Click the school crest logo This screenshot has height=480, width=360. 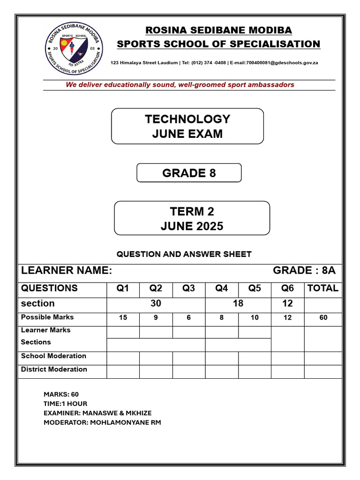[75, 48]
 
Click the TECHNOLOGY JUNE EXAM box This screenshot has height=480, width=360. [187, 126]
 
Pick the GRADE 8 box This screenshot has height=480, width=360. [189, 173]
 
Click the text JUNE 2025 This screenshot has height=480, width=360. [192, 226]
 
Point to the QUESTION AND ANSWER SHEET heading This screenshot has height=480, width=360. [184, 254]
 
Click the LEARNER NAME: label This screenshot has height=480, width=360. [67, 270]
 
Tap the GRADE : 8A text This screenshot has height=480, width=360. [304, 270]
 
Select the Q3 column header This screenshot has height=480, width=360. [188, 288]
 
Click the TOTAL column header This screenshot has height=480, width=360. [322, 288]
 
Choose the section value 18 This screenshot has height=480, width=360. [238, 304]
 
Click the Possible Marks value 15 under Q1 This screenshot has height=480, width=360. [123, 318]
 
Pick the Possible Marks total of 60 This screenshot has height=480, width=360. [323, 318]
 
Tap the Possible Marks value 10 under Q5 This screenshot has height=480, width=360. [255, 318]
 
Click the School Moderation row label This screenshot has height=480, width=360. [53, 356]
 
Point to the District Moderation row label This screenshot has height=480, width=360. [54, 369]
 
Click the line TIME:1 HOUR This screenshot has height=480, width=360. [65, 404]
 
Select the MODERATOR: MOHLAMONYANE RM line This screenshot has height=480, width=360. [102, 422]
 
